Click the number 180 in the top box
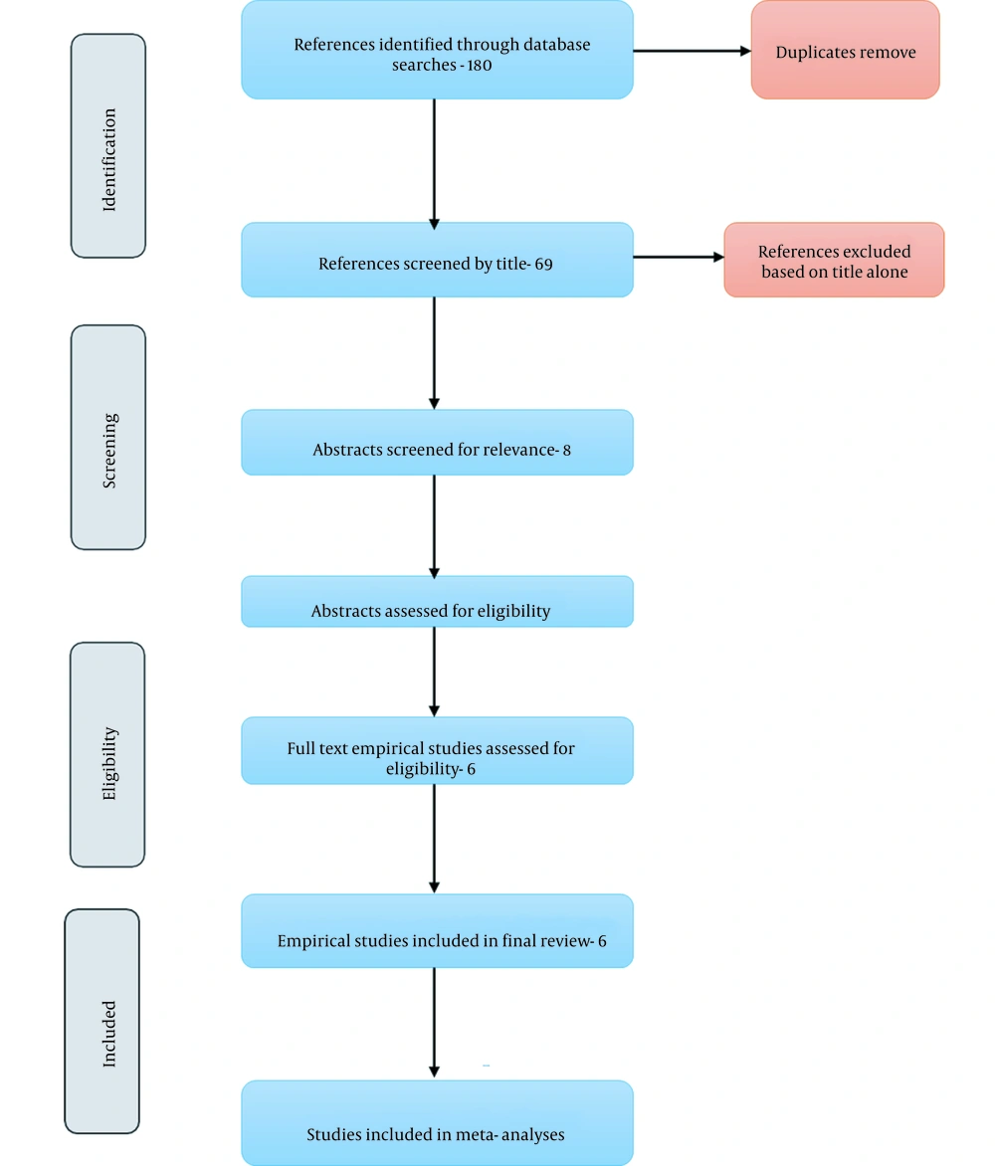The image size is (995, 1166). tap(480, 66)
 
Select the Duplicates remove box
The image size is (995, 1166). tap(846, 50)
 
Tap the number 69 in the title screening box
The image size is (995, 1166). tap(543, 264)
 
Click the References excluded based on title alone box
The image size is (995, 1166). tap(835, 260)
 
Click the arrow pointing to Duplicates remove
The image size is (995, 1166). tap(693, 51)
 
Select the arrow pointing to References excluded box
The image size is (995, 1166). tap(679, 258)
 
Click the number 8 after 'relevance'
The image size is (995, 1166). tap(567, 450)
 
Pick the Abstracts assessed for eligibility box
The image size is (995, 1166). tap(437, 602)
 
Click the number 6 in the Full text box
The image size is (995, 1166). tap(471, 769)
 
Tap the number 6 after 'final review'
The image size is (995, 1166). tap(602, 941)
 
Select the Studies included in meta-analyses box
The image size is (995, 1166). tap(437, 1123)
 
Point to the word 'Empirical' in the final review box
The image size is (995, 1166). tap(312, 941)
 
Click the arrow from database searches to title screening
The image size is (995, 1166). tap(434, 164)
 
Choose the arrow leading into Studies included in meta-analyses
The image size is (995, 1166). tap(434, 1023)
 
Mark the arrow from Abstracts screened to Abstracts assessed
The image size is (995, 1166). tap(434, 527)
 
